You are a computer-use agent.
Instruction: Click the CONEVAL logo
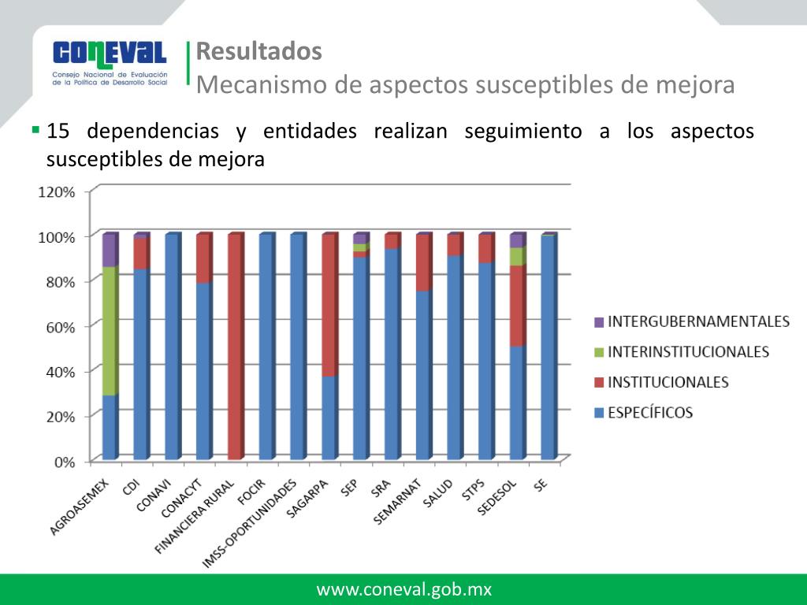pyautogui.click(x=110, y=62)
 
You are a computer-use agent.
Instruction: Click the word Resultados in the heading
pyautogui.click(x=258, y=51)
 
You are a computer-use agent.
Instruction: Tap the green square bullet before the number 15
pyautogui.click(x=35, y=128)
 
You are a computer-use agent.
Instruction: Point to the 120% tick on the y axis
pyautogui.click(x=58, y=192)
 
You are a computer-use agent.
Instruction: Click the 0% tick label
pyautogui.click(x=64, y=462)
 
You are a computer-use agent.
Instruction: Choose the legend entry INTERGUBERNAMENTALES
pyautogui.click(x=698, y=321)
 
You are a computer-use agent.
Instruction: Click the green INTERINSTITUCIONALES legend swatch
pyautogui.click(x=598, y=352)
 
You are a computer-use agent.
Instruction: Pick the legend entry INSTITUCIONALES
pyautogui.click(x=668, y=382)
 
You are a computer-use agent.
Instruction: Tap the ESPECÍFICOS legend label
pyautogui.click(x=649, y=412)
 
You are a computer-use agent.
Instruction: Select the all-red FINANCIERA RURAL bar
pyautogui.click(x=235, y=347)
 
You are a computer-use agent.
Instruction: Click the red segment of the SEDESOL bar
pyautogui.click(x=517, y=306)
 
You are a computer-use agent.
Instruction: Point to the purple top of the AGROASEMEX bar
pyautogui.click(x=110, y=250)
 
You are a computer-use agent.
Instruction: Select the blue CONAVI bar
pyautogui.click(x=172, y=347)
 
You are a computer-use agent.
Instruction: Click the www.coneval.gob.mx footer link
pyautogui.click(x=403, y=589)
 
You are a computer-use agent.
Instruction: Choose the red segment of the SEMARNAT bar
pyautogui.click(x=423, y=263)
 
